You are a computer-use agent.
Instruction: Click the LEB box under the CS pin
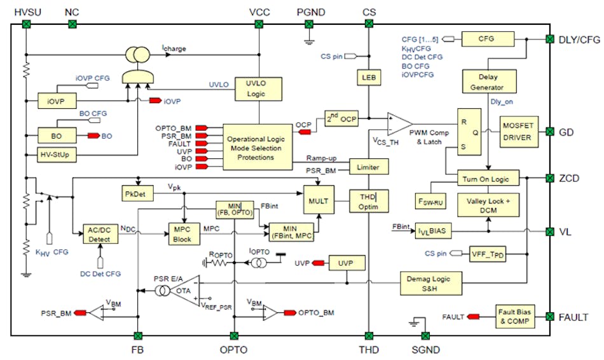368,78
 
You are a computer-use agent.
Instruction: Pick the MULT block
320,200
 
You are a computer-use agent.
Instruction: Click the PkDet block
134,192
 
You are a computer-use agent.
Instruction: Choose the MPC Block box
182,232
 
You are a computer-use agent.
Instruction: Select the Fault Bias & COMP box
516,316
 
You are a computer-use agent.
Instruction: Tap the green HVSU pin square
26,24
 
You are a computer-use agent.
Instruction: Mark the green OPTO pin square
234,335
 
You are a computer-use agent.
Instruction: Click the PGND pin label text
309,12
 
